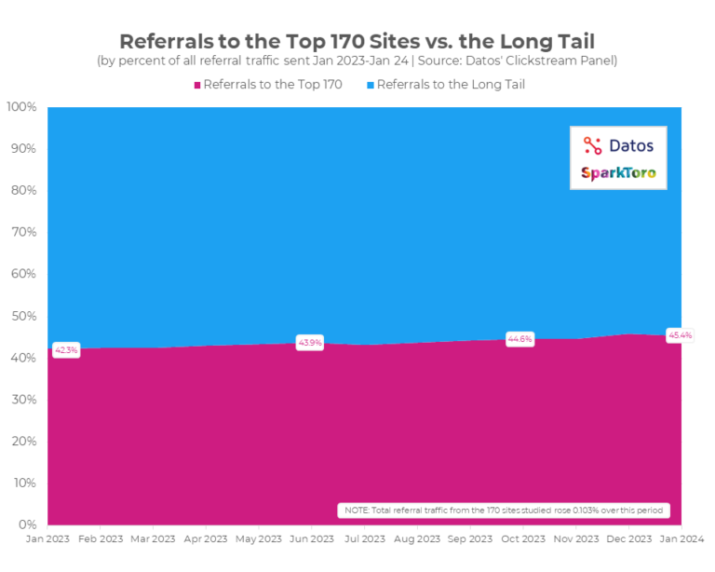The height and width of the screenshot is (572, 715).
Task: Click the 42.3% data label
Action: click(x=66, y=350)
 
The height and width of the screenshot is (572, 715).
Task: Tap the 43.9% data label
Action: click(x=309, y=343)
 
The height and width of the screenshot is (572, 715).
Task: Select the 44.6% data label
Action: click(x=519, y=339)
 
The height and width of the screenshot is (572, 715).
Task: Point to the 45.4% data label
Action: click(x=680, y=334)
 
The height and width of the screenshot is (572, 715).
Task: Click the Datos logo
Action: click(x=618, y=145)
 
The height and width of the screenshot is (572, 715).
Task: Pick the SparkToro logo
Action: click(x=618, y=172)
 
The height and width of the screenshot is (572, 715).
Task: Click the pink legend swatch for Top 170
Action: click(x=197, y=85)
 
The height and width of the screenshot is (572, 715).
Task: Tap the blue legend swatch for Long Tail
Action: click(x=369, y=85)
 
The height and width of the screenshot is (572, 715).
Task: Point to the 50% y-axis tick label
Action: click(x=24, y=316)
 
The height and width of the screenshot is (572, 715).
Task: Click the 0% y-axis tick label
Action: click(x=28, y=524)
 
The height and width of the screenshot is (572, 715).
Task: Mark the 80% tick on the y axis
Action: click(x=24, y=190)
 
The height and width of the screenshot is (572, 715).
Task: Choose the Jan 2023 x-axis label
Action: click(x=47, y=539)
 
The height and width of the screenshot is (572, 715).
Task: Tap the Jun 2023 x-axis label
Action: click(x=310, y=539)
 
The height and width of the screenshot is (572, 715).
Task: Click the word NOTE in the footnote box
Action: click(x=357, y=511)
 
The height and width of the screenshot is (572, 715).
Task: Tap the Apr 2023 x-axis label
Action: click(x=205, y=539)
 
